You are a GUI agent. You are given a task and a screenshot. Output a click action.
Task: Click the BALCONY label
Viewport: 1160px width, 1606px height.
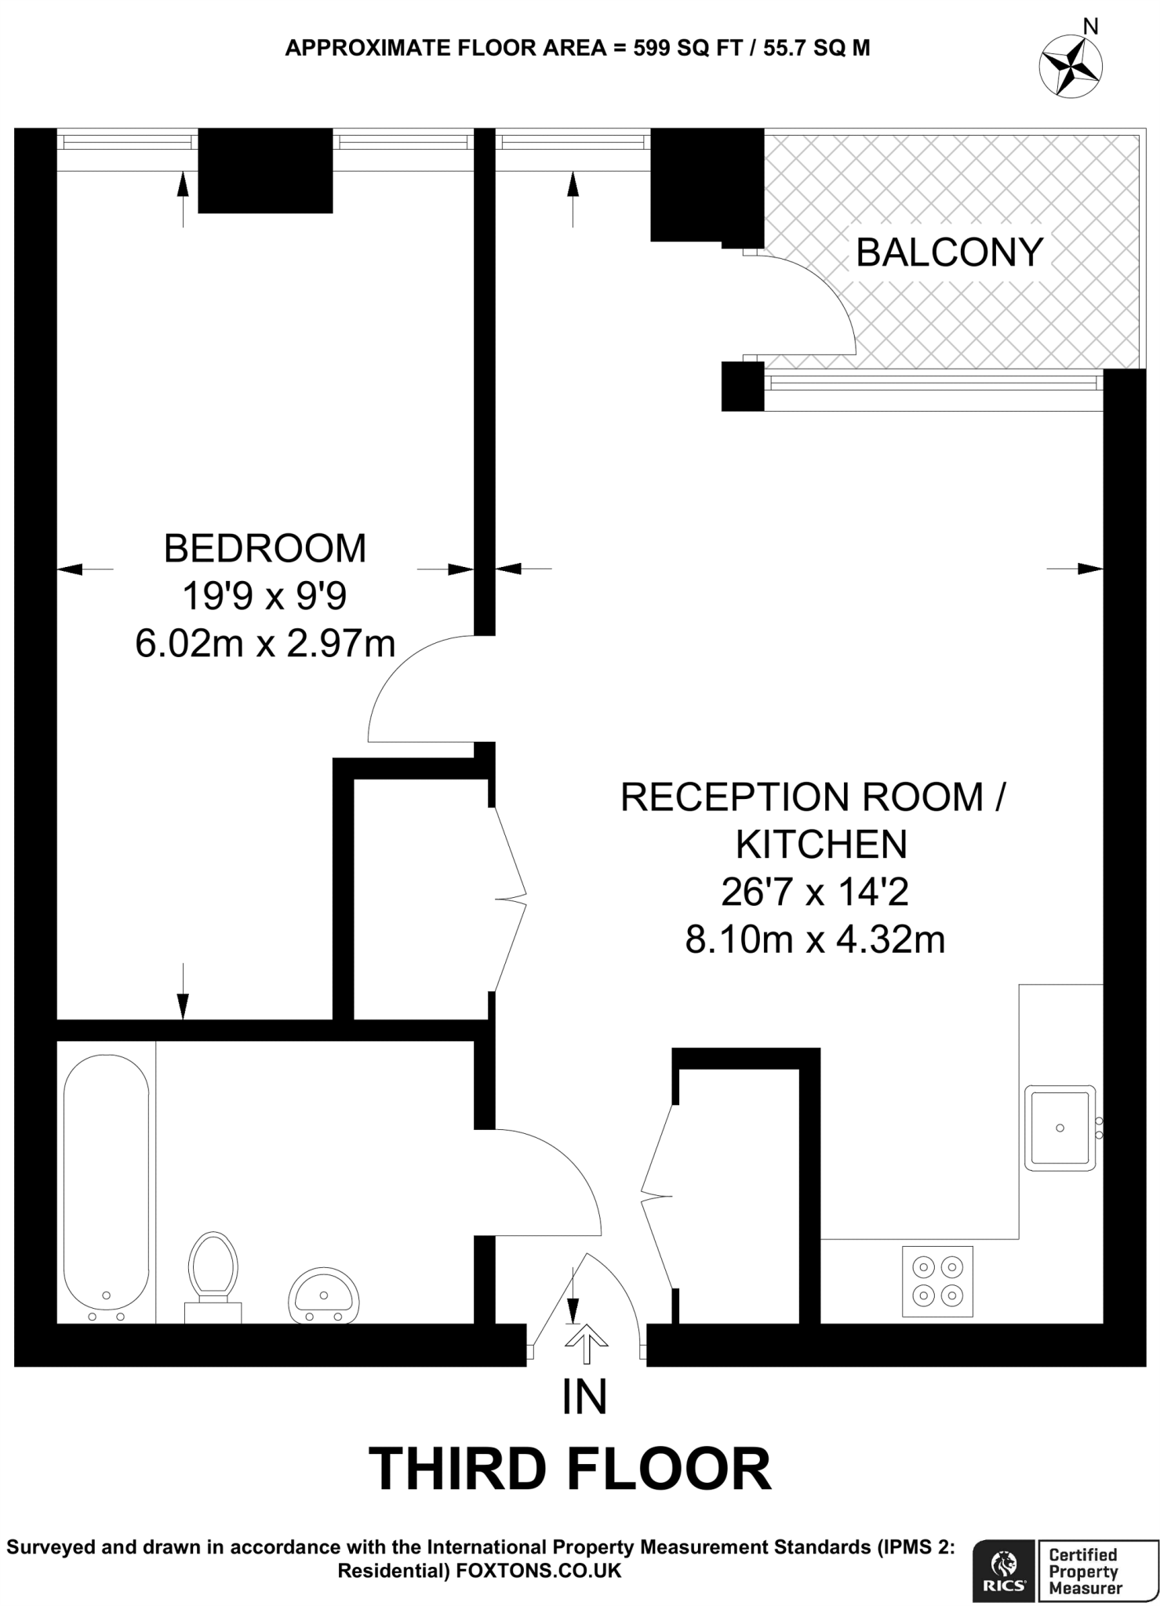(x=948, y=253)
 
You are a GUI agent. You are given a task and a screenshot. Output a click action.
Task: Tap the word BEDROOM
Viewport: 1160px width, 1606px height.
(x=264, y=548)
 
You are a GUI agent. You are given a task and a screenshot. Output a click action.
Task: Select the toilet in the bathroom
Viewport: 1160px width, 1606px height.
(x=213, y=1271)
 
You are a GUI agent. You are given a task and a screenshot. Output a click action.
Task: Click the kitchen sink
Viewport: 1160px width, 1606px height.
(x=1060, y=1128)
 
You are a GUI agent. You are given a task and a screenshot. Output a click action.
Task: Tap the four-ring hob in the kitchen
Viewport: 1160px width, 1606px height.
(x=937, y=1281)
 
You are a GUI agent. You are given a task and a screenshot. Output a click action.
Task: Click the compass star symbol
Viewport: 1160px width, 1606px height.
(x=1070, y=67)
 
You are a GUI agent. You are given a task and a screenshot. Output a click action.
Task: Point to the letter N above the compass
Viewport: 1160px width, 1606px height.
(x=1090, y=26)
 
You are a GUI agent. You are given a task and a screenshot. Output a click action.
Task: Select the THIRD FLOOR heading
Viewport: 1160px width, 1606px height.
(x=570, y=1470)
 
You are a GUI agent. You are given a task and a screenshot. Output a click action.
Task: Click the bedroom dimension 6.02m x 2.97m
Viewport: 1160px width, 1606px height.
(x=264, y=645)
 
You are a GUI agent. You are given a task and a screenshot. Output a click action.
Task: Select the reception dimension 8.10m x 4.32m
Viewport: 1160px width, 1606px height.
(x=815, y=939)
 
